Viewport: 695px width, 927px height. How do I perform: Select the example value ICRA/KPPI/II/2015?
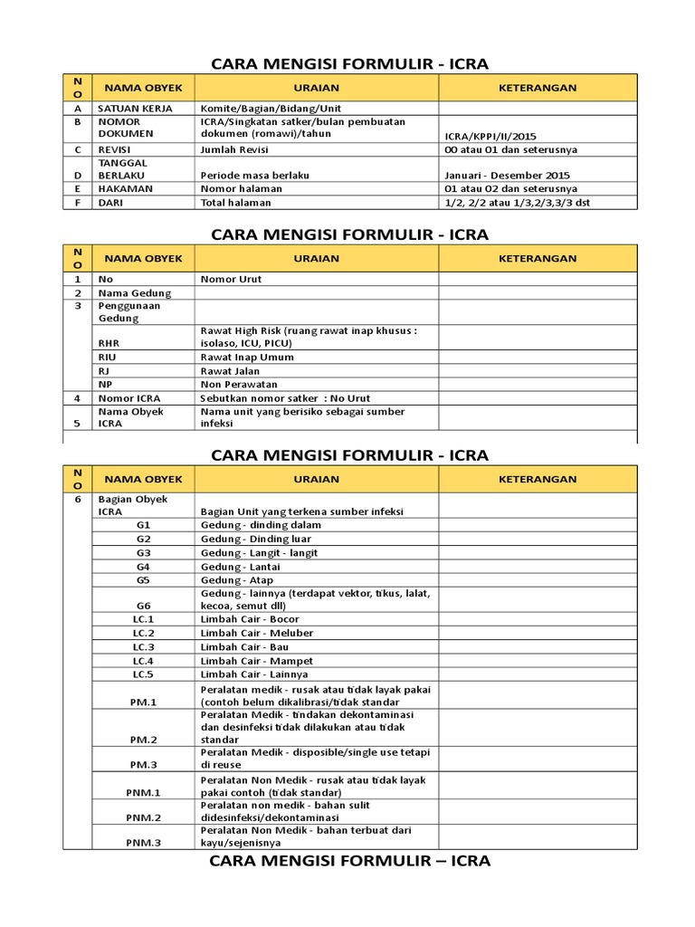coord(497,137)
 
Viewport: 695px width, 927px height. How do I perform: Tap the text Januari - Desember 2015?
coord(508,176)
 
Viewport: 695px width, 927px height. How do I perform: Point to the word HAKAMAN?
coord(125,188)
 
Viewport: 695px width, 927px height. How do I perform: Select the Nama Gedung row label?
coord(135,293)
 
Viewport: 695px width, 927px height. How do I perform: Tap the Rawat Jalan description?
coord(230,371)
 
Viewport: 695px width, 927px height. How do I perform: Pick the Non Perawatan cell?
coord(237,385)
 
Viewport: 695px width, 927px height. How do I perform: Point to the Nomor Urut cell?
coord(231,280)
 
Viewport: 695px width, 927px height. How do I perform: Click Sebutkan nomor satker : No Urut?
coord(285,398)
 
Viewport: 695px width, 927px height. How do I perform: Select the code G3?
coord(143,552)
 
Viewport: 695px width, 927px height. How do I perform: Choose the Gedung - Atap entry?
coord(236,580)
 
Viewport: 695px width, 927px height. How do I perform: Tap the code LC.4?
coord(143,661)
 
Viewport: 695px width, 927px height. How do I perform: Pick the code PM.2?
coord(143,739)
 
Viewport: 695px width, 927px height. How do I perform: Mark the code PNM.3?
coord(143,844)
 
